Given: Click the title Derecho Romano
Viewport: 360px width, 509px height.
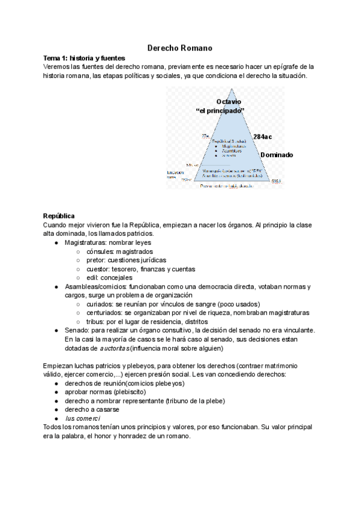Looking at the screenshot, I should coord(180,47).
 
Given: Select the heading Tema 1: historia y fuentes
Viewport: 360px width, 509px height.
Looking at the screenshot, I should coord(78,57).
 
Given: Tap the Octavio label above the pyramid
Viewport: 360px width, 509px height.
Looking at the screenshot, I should coord(220,102).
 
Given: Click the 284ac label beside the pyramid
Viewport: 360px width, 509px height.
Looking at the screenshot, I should coord(263,137).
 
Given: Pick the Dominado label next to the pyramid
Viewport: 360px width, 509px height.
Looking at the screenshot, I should coord(277,155).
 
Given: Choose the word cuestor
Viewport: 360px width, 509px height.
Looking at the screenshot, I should coord(98,269).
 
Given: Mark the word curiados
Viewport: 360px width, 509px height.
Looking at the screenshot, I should coord(100,304).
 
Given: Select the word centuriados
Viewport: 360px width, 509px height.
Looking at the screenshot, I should coord(104,313).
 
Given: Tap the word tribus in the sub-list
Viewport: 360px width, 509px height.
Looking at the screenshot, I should coord(96,322).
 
